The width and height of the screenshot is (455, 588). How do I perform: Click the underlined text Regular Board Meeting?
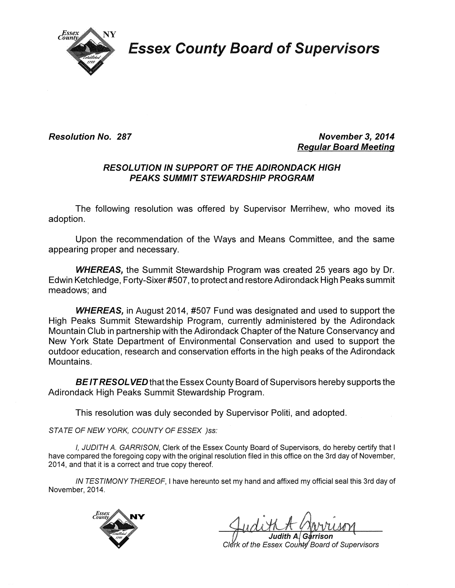coord(346,147)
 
